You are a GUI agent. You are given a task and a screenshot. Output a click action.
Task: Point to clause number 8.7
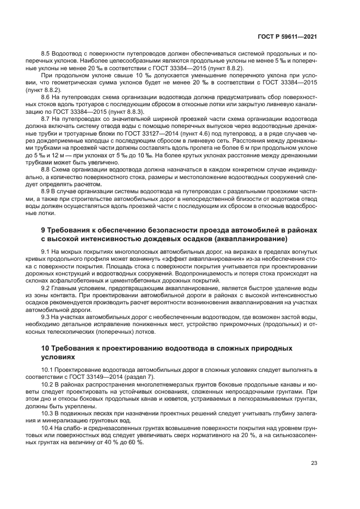pyautogui.click(x=46, y=118)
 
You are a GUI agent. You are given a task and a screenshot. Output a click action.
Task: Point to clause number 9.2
pyautogui.click(x=46, y=287)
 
